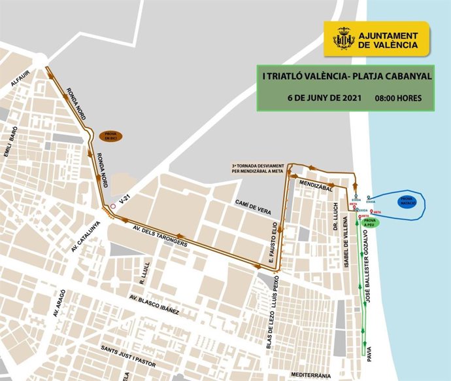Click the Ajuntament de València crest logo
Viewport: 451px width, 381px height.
tap(342, 38)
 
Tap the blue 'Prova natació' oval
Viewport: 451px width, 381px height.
tap(406, 202)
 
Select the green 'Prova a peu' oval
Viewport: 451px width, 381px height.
tap(370, 223)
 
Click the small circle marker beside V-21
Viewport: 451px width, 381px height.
tap(113, 206)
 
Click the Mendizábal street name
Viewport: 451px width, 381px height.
tap(316, 186)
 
